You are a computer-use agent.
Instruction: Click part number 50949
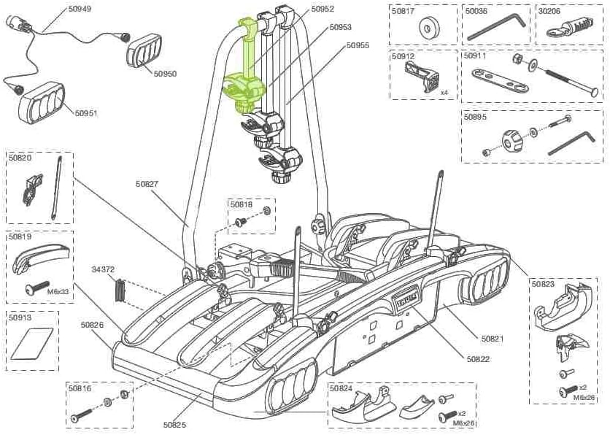(x=80, y=9)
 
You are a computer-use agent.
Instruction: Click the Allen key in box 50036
(x=496, y=28)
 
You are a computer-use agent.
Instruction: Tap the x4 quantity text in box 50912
(x=444, y=93)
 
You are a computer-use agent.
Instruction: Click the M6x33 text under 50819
(x=58, y=291)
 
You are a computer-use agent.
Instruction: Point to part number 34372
(x=103, y=269)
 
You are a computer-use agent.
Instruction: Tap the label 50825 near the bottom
(x=175, y=424)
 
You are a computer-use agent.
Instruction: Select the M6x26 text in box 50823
(x=583, y=397)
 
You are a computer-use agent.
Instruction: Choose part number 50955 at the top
(x=358, y=45)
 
